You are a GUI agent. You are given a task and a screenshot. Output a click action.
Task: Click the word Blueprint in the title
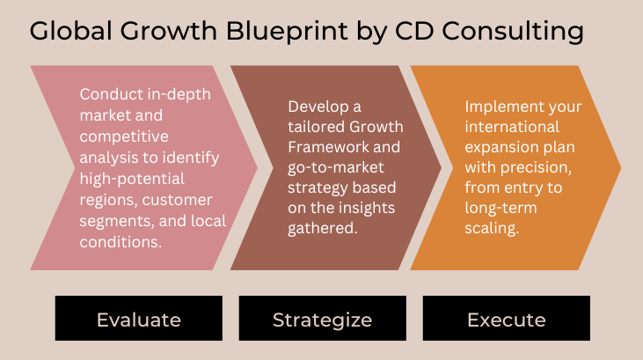(x=287, y=32)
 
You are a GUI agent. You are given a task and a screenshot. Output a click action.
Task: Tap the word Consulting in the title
(x=513, y=32)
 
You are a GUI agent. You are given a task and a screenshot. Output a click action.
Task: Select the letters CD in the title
(x=414, y=31)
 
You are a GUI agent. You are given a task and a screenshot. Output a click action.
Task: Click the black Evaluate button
(x=139, y=318)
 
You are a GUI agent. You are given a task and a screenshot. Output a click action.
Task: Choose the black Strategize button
(x=323, y=318)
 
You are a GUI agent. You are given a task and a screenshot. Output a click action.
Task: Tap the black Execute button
(x=507, y=318)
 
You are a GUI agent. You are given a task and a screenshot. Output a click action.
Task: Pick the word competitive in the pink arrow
(x=124, y=137)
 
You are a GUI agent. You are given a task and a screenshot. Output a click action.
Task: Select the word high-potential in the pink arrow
(x=132, y=180)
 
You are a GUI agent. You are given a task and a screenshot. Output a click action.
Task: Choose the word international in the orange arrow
(x=512, y=127)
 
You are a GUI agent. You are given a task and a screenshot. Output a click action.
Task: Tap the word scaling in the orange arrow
(x=492, y=228)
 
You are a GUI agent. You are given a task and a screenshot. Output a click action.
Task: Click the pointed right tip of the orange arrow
(x=621, y=167)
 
